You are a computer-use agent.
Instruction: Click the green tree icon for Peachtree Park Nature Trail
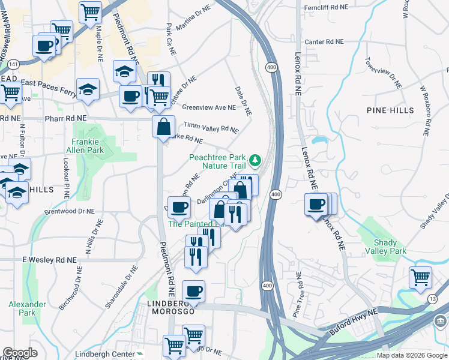(x=256, y=160)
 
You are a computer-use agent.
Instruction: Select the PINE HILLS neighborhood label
(x=391, y=110)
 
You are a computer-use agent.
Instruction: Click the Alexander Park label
(x=27, y=308)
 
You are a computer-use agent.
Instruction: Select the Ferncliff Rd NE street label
(x=326, y=7)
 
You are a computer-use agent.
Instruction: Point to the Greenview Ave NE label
(x=209, y=107)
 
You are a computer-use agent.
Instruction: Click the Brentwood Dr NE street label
(x=70, y=212)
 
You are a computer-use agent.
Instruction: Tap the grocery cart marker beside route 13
(x=421, y=277)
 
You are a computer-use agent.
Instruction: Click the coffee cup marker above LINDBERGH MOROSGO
(x=193, y=292)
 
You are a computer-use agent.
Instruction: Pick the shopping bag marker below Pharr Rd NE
(x=163, y=127)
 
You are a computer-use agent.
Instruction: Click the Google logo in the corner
(x=20, y=353)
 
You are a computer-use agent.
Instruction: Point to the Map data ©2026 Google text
(x=412, y=355)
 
